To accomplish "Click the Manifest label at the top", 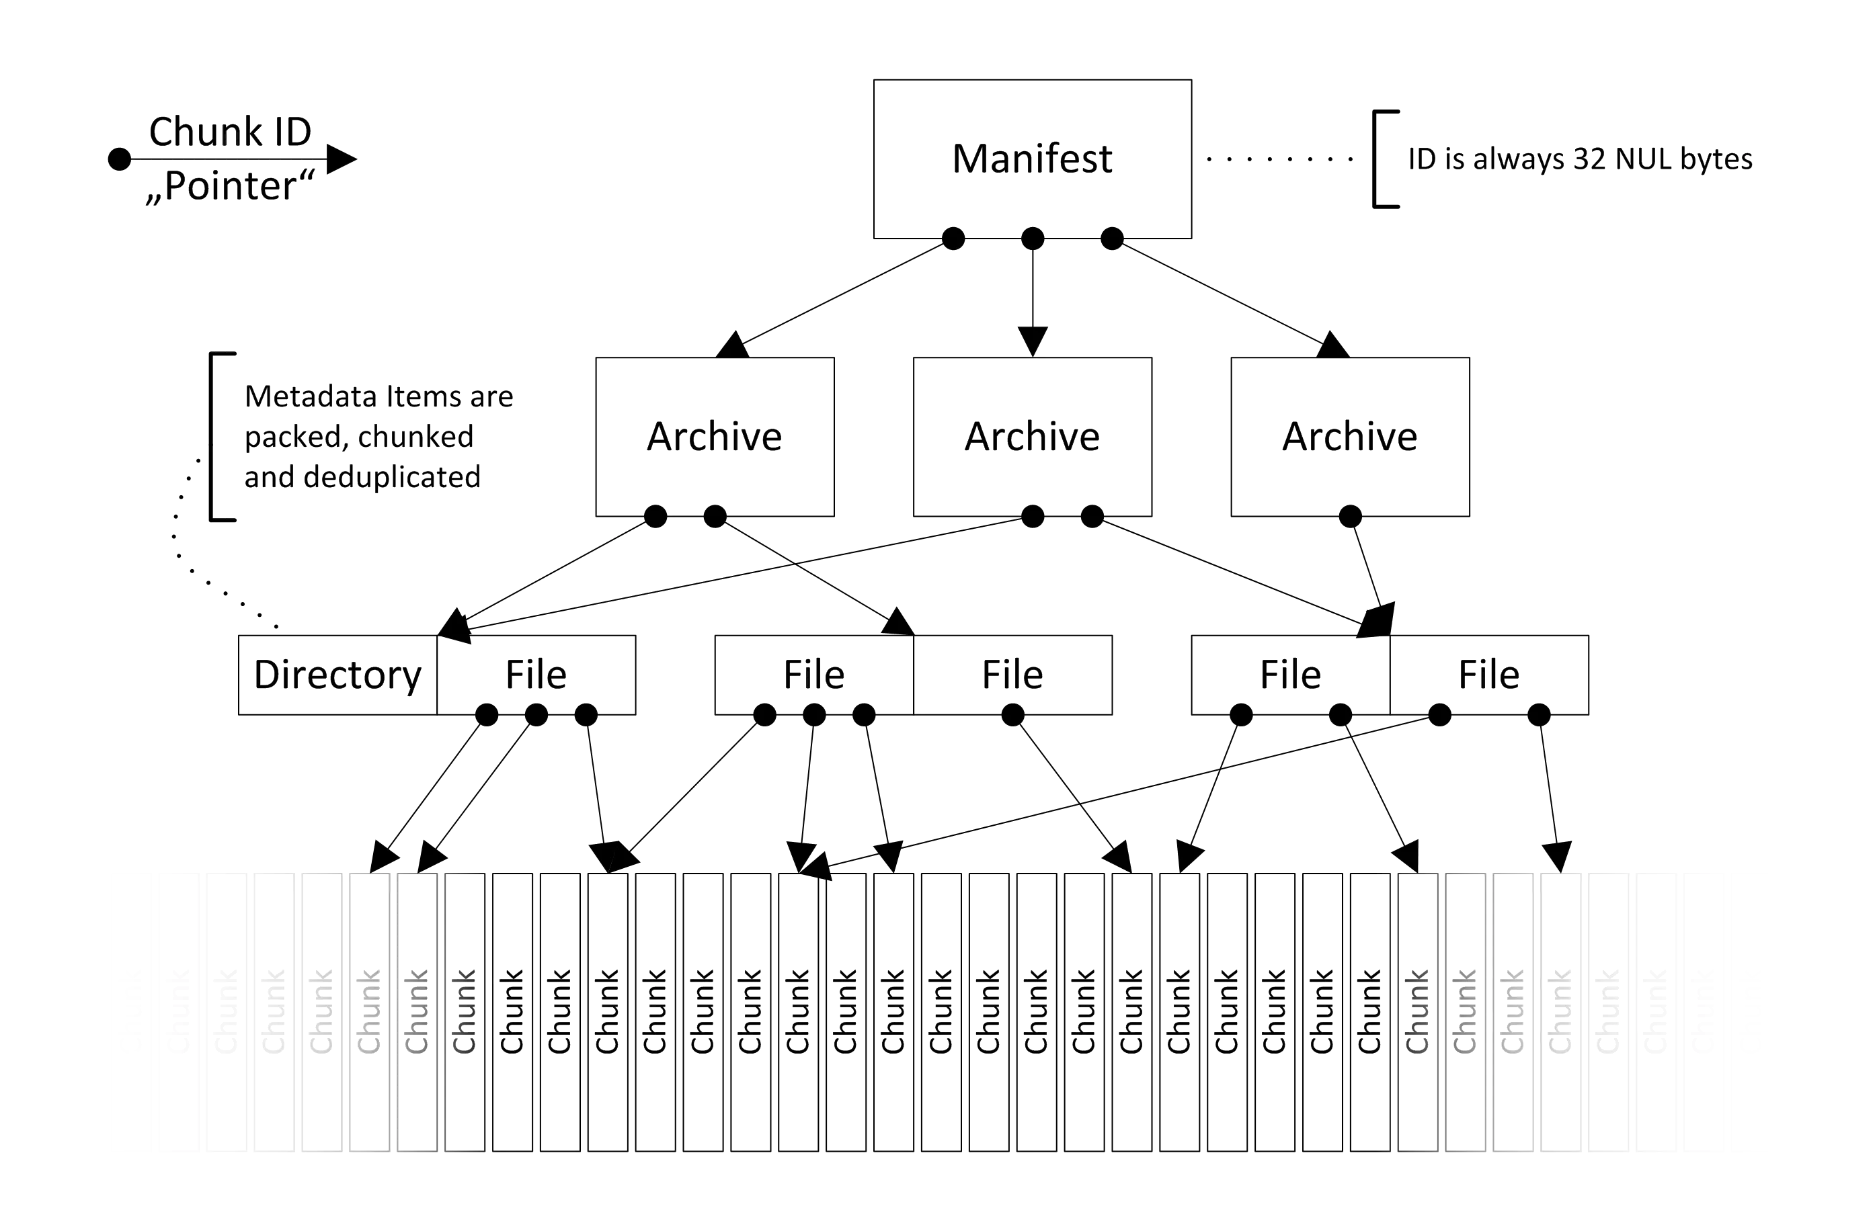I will tap(1032, 160).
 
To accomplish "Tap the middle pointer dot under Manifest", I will tap(1032, 238).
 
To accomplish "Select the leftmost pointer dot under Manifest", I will tap(953, 238).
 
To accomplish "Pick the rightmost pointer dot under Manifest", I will tap(1111, 238).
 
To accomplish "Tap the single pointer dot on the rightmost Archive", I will tap(1351, 517).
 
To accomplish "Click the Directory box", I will tap(337, 675).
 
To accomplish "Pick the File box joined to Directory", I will tap(536, 675).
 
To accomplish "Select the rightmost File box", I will tap(1489, 675).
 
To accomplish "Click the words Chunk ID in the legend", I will tap(230, 132).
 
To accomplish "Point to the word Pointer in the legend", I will tap(231, 187).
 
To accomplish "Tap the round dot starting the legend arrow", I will tap(119, 160).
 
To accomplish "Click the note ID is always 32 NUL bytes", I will tap(1581, 160).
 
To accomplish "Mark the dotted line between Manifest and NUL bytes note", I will tap(1280, 159).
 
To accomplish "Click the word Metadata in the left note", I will tap(311, 397).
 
